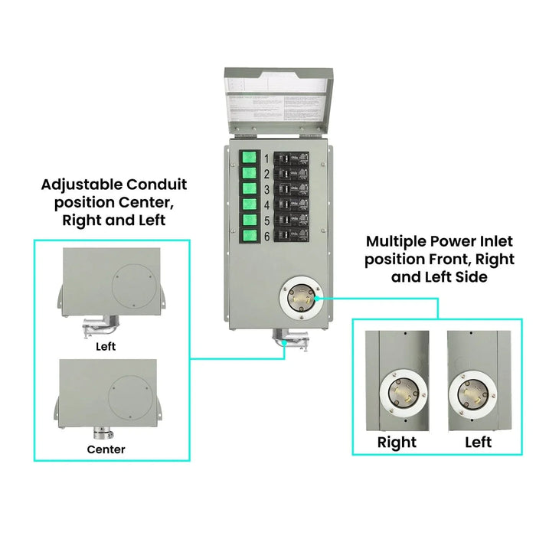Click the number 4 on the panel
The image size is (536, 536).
coord(266,205)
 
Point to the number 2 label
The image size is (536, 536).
coord(266,174)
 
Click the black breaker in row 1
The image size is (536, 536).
coord(295,159)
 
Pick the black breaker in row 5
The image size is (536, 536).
coord(295,221)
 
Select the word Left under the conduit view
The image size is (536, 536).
coord(106,345)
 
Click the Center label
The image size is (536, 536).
coord(106,449)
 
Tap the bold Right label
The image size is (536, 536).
coord(397,443)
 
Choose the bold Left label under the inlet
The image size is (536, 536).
coord(478,443)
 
